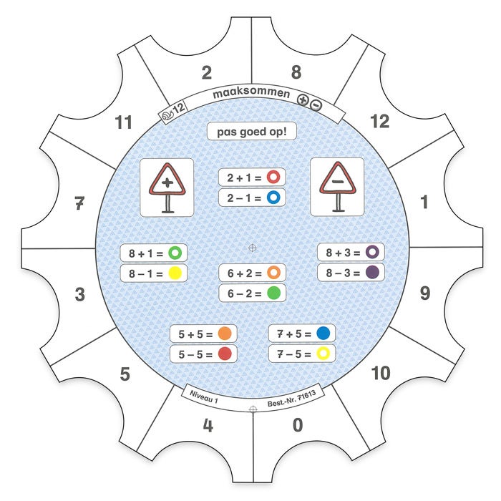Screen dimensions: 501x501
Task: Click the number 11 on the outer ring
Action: (123, 122)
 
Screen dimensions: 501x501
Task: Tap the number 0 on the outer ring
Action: (298, 425)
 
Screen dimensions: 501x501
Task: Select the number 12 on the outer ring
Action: (379, 122)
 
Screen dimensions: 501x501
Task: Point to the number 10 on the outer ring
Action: (381, 373)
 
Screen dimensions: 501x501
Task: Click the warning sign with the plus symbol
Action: (167, 188)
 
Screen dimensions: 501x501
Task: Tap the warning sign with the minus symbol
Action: (337, 187)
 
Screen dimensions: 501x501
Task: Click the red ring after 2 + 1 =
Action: (273, 177)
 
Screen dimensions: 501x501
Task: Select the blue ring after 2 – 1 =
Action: (273, 198)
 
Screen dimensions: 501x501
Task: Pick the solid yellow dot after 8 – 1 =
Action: (175, 273)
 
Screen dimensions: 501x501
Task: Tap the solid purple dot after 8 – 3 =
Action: (372, 272)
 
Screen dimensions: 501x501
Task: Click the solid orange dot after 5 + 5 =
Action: (225, 334)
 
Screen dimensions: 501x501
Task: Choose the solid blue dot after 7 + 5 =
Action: (323, 333)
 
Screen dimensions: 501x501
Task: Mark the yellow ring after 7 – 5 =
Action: (323, 354)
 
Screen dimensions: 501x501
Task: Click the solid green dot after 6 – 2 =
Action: (273, 293)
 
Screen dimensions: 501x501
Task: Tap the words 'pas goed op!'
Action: (252, 132)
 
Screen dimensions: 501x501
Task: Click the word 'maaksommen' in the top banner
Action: (251, 93)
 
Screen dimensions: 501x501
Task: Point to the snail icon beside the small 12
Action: (167, 115)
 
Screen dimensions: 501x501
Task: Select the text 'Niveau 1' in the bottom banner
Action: (204, 397)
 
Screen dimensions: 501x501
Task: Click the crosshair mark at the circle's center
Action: (253, 248)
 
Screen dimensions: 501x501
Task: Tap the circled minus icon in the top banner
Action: (316, 105)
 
